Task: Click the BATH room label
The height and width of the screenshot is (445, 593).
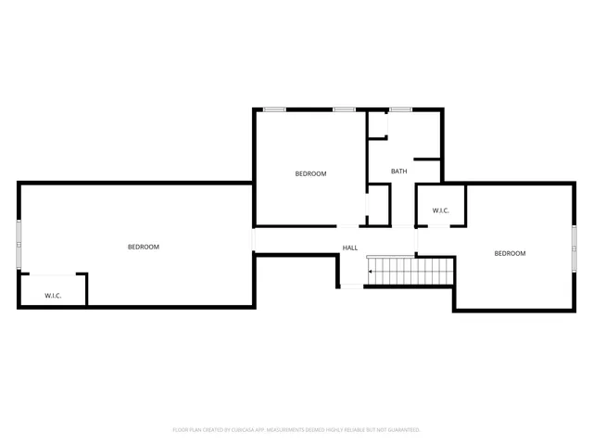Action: [398, 172]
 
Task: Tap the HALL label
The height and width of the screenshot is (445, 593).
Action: [350, 248]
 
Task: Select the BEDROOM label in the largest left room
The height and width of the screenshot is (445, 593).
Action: [144, 247]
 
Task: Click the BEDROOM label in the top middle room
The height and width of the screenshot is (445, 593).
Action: [310, 173]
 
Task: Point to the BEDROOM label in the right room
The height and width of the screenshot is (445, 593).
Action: [510, 253]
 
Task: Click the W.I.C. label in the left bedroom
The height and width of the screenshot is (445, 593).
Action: [53, 296]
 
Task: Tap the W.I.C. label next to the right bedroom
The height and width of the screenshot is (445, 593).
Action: [440, 211]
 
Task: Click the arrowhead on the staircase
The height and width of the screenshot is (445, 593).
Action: [372, 272]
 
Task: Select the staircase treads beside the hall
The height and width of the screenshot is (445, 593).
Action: [412, 272]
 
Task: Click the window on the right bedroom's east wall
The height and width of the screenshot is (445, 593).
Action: [574, 241]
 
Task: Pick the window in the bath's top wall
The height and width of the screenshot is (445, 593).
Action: [400, 109]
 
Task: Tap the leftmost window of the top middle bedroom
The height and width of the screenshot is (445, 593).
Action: [274, 109]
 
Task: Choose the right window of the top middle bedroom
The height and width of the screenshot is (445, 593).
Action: [344, 109]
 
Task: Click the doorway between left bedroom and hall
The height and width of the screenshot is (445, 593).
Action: [254, 240]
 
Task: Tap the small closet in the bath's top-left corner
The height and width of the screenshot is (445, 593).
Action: [377, 126]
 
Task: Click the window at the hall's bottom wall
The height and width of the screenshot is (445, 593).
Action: [351, 286]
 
